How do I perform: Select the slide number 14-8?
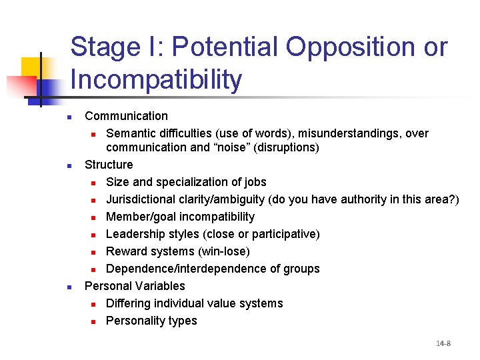(x=443, y=343)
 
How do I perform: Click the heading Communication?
(x=126, y=117)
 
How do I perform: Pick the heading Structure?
(x=109, y=165)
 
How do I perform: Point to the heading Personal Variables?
(x=135, y=286)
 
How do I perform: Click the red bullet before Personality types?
(x=94, y=321)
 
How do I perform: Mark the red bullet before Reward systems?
(x=94, y=252)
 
